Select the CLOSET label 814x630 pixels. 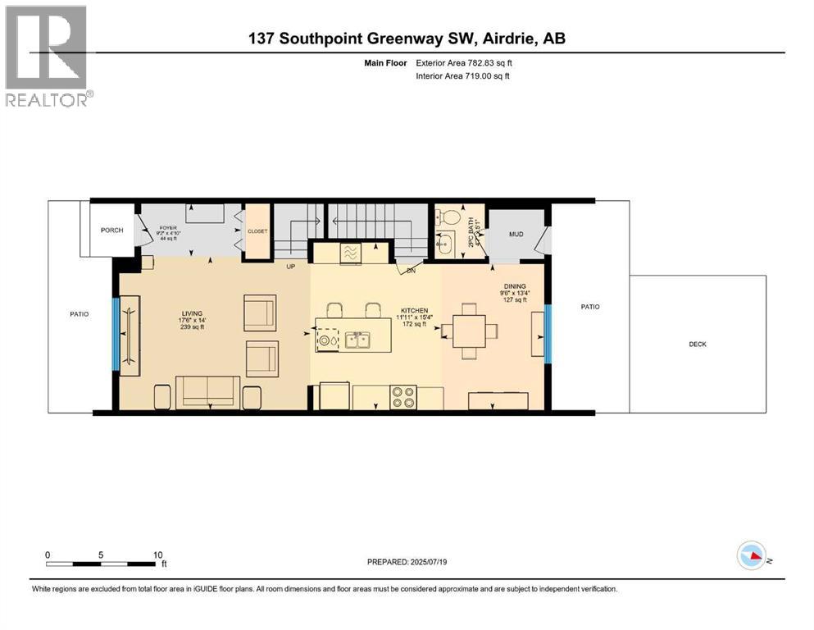(257, 232)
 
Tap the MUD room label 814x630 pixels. (516, 235)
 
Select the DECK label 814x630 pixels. (697, 345)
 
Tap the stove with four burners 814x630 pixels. (402, 397)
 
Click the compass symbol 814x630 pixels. (751, 556)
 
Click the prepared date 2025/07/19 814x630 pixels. (407, 562)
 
